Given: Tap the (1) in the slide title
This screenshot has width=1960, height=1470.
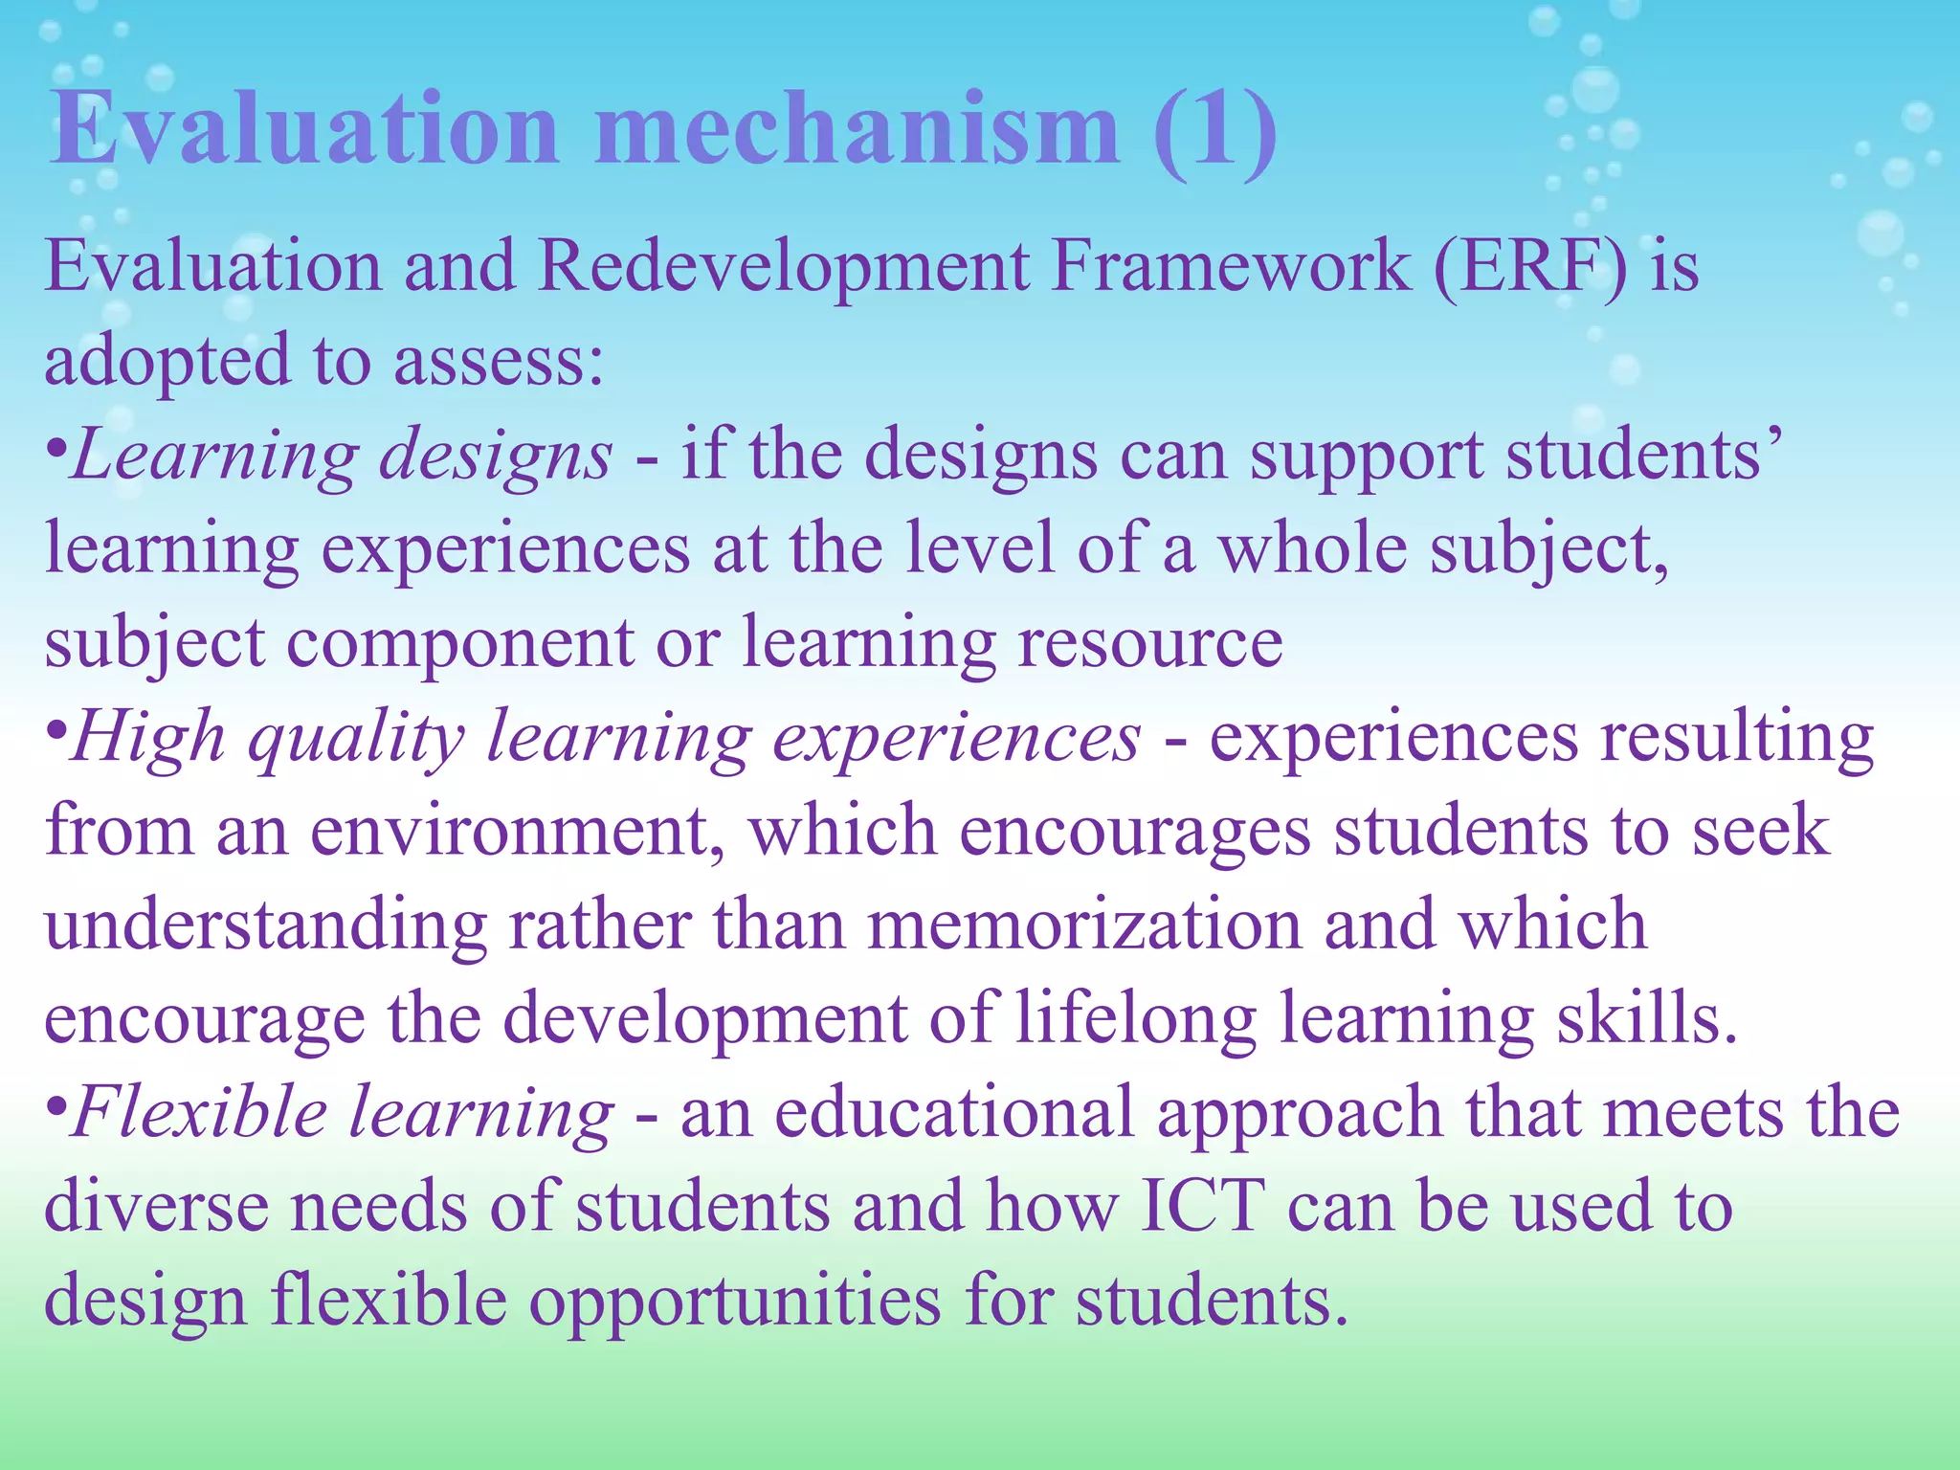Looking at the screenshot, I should pos(1215,131).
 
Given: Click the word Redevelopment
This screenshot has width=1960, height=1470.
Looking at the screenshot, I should pos(784,266).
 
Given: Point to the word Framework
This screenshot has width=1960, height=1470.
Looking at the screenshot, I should pos(1231,266).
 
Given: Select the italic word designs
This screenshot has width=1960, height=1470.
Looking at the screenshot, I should pos(495,456).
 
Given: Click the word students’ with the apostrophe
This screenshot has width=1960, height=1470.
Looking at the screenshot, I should pos(1640,456).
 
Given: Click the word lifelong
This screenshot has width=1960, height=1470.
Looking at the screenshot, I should pos(1135,1019).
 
